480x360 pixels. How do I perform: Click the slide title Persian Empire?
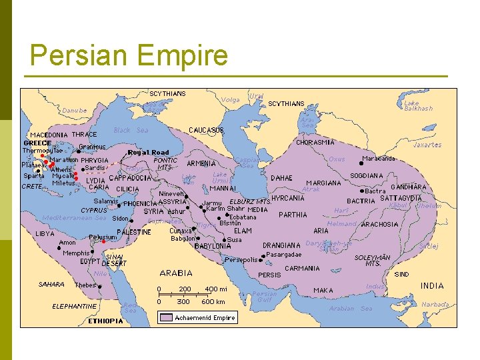click(129, 55)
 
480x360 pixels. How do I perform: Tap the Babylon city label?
click(183, 238)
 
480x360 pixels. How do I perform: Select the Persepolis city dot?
click(223, 260)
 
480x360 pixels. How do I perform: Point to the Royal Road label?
click(148, 153)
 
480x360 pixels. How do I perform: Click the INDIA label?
click(431, 285)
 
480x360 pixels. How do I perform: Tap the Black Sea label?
click(131, 130)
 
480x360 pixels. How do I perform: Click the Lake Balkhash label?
click(418, 105)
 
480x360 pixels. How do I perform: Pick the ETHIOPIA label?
click(105, 321)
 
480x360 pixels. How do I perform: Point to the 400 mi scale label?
click(215, 289)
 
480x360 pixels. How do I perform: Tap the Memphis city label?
click(75, 253)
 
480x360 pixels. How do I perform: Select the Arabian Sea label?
click(351, 309)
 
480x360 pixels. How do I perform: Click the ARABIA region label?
click(176, 273)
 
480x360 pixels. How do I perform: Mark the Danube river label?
click(74, 110)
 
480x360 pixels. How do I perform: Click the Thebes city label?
click(85, 285)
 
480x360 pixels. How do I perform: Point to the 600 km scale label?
click(213, 301)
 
